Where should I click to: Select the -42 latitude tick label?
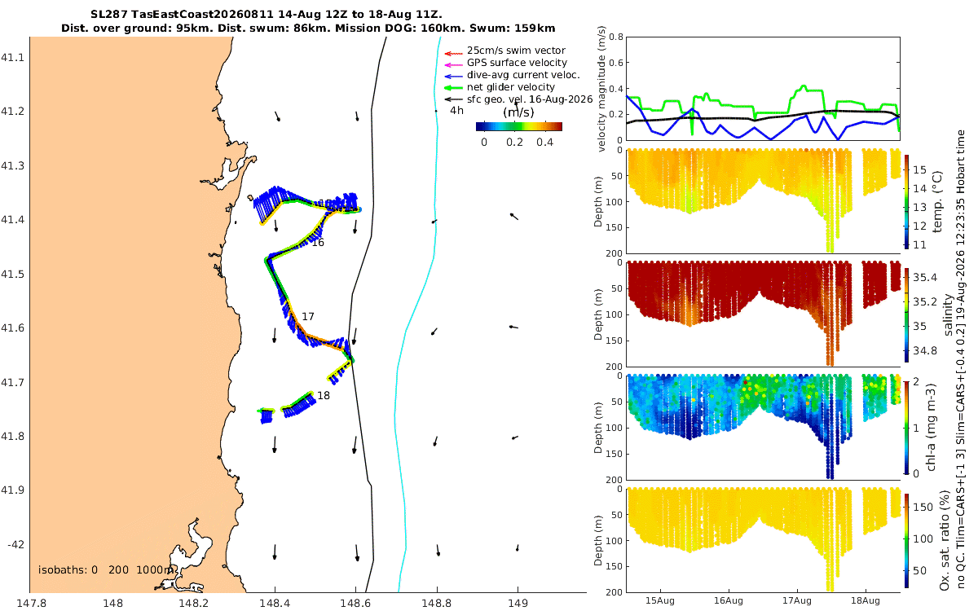[x=15, y=545]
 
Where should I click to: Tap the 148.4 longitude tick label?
[x=274, y=603]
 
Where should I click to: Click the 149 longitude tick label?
[x=518, y=603]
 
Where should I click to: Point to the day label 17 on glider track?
[x=308, y=316]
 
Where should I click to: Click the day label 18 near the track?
[x=324, y=395]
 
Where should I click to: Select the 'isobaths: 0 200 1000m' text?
[x=106, y=570]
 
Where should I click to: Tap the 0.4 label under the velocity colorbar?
[x=545, y=143]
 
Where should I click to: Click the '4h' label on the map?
[x=456, y=111]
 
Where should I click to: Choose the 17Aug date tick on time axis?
[x=797, y=600]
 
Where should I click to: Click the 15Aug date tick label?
[x=660, y=600]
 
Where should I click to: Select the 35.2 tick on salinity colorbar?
[x=925, y=301]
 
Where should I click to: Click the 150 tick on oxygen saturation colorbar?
[x=923, y=507]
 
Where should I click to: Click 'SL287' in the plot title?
[x=109, y=15]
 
